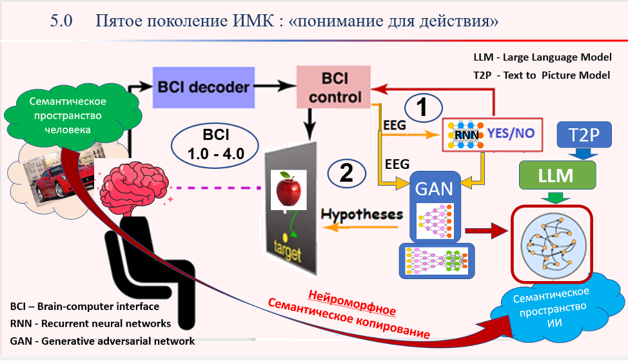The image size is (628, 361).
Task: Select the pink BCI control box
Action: pyautogui.click(x=333, y=87)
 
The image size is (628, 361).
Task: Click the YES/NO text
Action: pyautogui.click(x=511, y=134)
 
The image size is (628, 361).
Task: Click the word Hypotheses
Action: pyautogui.click(x=362, y=214)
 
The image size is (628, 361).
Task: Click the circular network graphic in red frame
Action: pyautogui.click(x=551, y=244)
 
